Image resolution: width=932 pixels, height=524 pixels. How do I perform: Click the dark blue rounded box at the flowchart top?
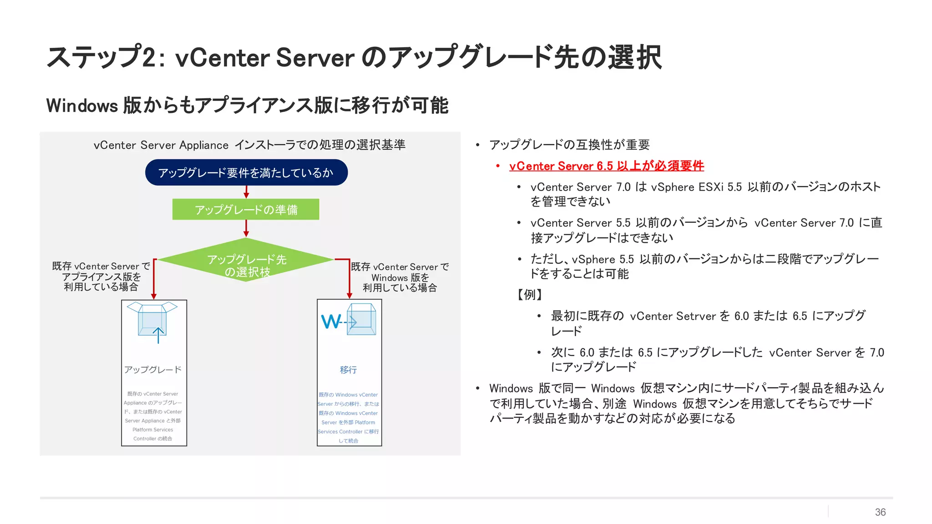246,172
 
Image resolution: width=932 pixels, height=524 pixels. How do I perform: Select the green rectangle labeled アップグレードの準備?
246,209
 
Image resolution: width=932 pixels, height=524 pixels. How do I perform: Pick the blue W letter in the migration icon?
331,322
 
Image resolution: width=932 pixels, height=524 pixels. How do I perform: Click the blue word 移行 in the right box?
348,370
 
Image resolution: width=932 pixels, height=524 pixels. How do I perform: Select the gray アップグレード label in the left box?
153,369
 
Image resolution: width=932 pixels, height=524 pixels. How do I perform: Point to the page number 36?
880,512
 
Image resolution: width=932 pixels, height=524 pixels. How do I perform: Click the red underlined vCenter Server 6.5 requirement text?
606,166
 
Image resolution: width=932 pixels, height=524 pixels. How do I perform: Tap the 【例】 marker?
530,294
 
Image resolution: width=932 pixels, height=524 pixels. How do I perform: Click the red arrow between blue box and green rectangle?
246,192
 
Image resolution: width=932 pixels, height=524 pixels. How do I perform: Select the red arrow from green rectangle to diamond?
246,229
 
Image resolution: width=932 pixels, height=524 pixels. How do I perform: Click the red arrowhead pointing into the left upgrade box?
154,296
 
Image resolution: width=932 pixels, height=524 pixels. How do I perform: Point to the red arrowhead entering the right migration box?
349,295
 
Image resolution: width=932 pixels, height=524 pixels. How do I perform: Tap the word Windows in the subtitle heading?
82,106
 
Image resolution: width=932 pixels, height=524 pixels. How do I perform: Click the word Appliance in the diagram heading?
203,145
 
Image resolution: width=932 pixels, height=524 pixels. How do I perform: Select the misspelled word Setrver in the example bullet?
696,316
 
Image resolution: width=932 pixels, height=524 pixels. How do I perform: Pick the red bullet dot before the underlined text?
498,166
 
